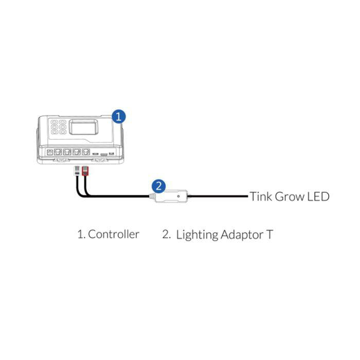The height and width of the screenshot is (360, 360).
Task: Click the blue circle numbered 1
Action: (118, 116)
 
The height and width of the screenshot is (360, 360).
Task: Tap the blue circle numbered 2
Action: (159, 185)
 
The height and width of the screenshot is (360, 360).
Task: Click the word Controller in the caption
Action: (114, 235)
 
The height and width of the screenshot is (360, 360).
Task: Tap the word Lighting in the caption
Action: (196, 235)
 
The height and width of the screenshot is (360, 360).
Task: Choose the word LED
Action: (317, 196)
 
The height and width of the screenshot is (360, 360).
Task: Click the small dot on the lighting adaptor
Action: (178, 196)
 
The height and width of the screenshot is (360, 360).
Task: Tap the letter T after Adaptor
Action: (269, 235)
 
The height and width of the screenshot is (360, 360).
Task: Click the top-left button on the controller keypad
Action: (54, 122)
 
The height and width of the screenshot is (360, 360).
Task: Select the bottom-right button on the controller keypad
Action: (62, 133)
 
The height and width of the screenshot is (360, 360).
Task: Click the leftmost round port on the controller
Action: (49, 152)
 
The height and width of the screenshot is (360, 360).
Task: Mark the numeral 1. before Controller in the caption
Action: (81, 235)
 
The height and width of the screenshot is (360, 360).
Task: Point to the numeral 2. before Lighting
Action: (166, 235)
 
